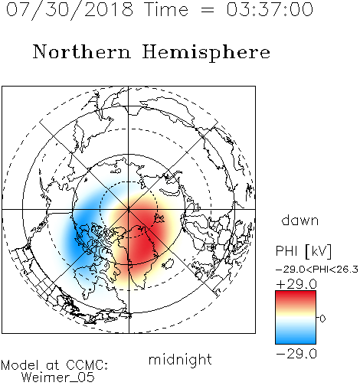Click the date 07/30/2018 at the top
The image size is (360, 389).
click(x=70, y=10)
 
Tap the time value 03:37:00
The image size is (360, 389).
click(x=270, y=9)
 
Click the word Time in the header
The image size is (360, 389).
click(x=166, y=9)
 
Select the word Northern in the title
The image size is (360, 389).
click(x=82, y=51)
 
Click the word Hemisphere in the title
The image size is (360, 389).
click(x=206, y=53)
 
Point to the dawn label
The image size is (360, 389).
click(x=299, y=221)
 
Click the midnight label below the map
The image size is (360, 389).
click(x=180, y=360)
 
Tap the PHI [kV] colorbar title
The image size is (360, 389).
click(x=303, y=251)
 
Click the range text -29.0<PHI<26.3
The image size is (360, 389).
click(x=317, y=270)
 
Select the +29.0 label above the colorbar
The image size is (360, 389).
click(x=296, y=284)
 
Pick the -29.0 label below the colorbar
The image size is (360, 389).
click(x=296, y=354)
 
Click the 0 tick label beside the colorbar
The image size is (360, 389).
click(x=322, y=319)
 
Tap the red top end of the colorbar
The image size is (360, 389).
click(x=296, y=293)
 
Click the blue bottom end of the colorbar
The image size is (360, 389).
click(x=296, y=342)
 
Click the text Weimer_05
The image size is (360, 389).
click(x=58, y=378)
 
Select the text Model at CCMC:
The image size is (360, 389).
click(x=54, y=365)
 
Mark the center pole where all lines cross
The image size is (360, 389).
click(x=129, y=209)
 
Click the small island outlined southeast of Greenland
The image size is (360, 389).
click(x=169, y=263)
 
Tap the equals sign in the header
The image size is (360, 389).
click(x=208, y=10)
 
